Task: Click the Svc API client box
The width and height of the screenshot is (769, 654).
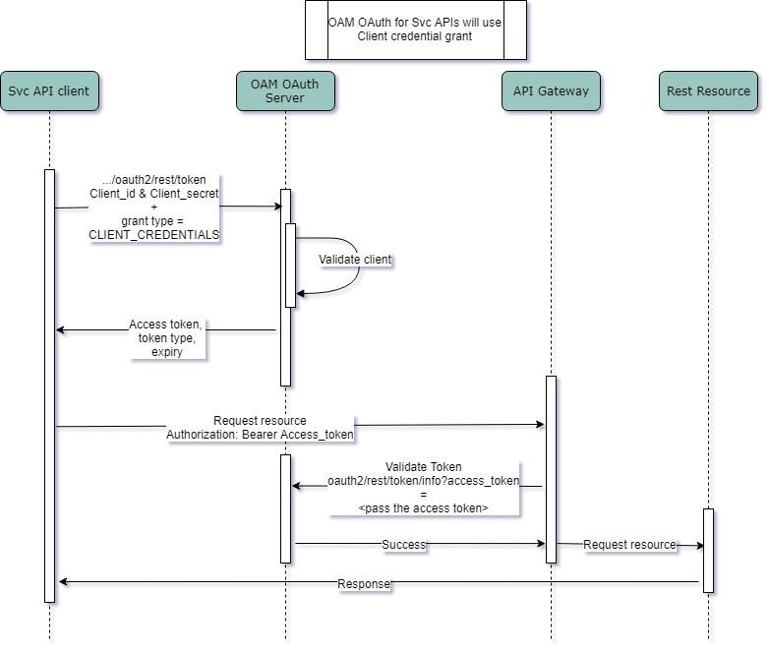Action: coord(49,91)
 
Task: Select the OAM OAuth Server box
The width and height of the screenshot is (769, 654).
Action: coord(285,91)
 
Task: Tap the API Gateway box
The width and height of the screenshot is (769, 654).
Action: coord(551,91)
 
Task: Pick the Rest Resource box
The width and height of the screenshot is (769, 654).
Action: coord(708,91)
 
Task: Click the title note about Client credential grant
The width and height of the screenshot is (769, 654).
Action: coord(415,30)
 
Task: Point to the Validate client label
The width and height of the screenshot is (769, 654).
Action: coord(355,260)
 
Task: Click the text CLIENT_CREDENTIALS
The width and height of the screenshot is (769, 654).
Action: coord(154,235)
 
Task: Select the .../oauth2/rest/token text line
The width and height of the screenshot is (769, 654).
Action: coord(154,180)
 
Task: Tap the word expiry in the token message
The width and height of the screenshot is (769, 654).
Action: coord(166,351)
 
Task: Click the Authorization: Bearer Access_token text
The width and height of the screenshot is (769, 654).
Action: coord(260,434)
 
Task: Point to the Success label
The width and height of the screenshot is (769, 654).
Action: coord(404,544)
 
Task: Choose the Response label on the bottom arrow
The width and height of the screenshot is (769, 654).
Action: coord(364,584)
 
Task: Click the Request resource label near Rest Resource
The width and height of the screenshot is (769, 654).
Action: coord(629,544)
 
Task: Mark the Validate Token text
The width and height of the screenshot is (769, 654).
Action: coord(423,466)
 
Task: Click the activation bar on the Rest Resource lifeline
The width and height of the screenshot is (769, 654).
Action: coord(708,551)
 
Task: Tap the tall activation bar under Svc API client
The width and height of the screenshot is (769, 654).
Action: coord(49,384)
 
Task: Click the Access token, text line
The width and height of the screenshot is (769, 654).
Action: coord(165,325)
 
